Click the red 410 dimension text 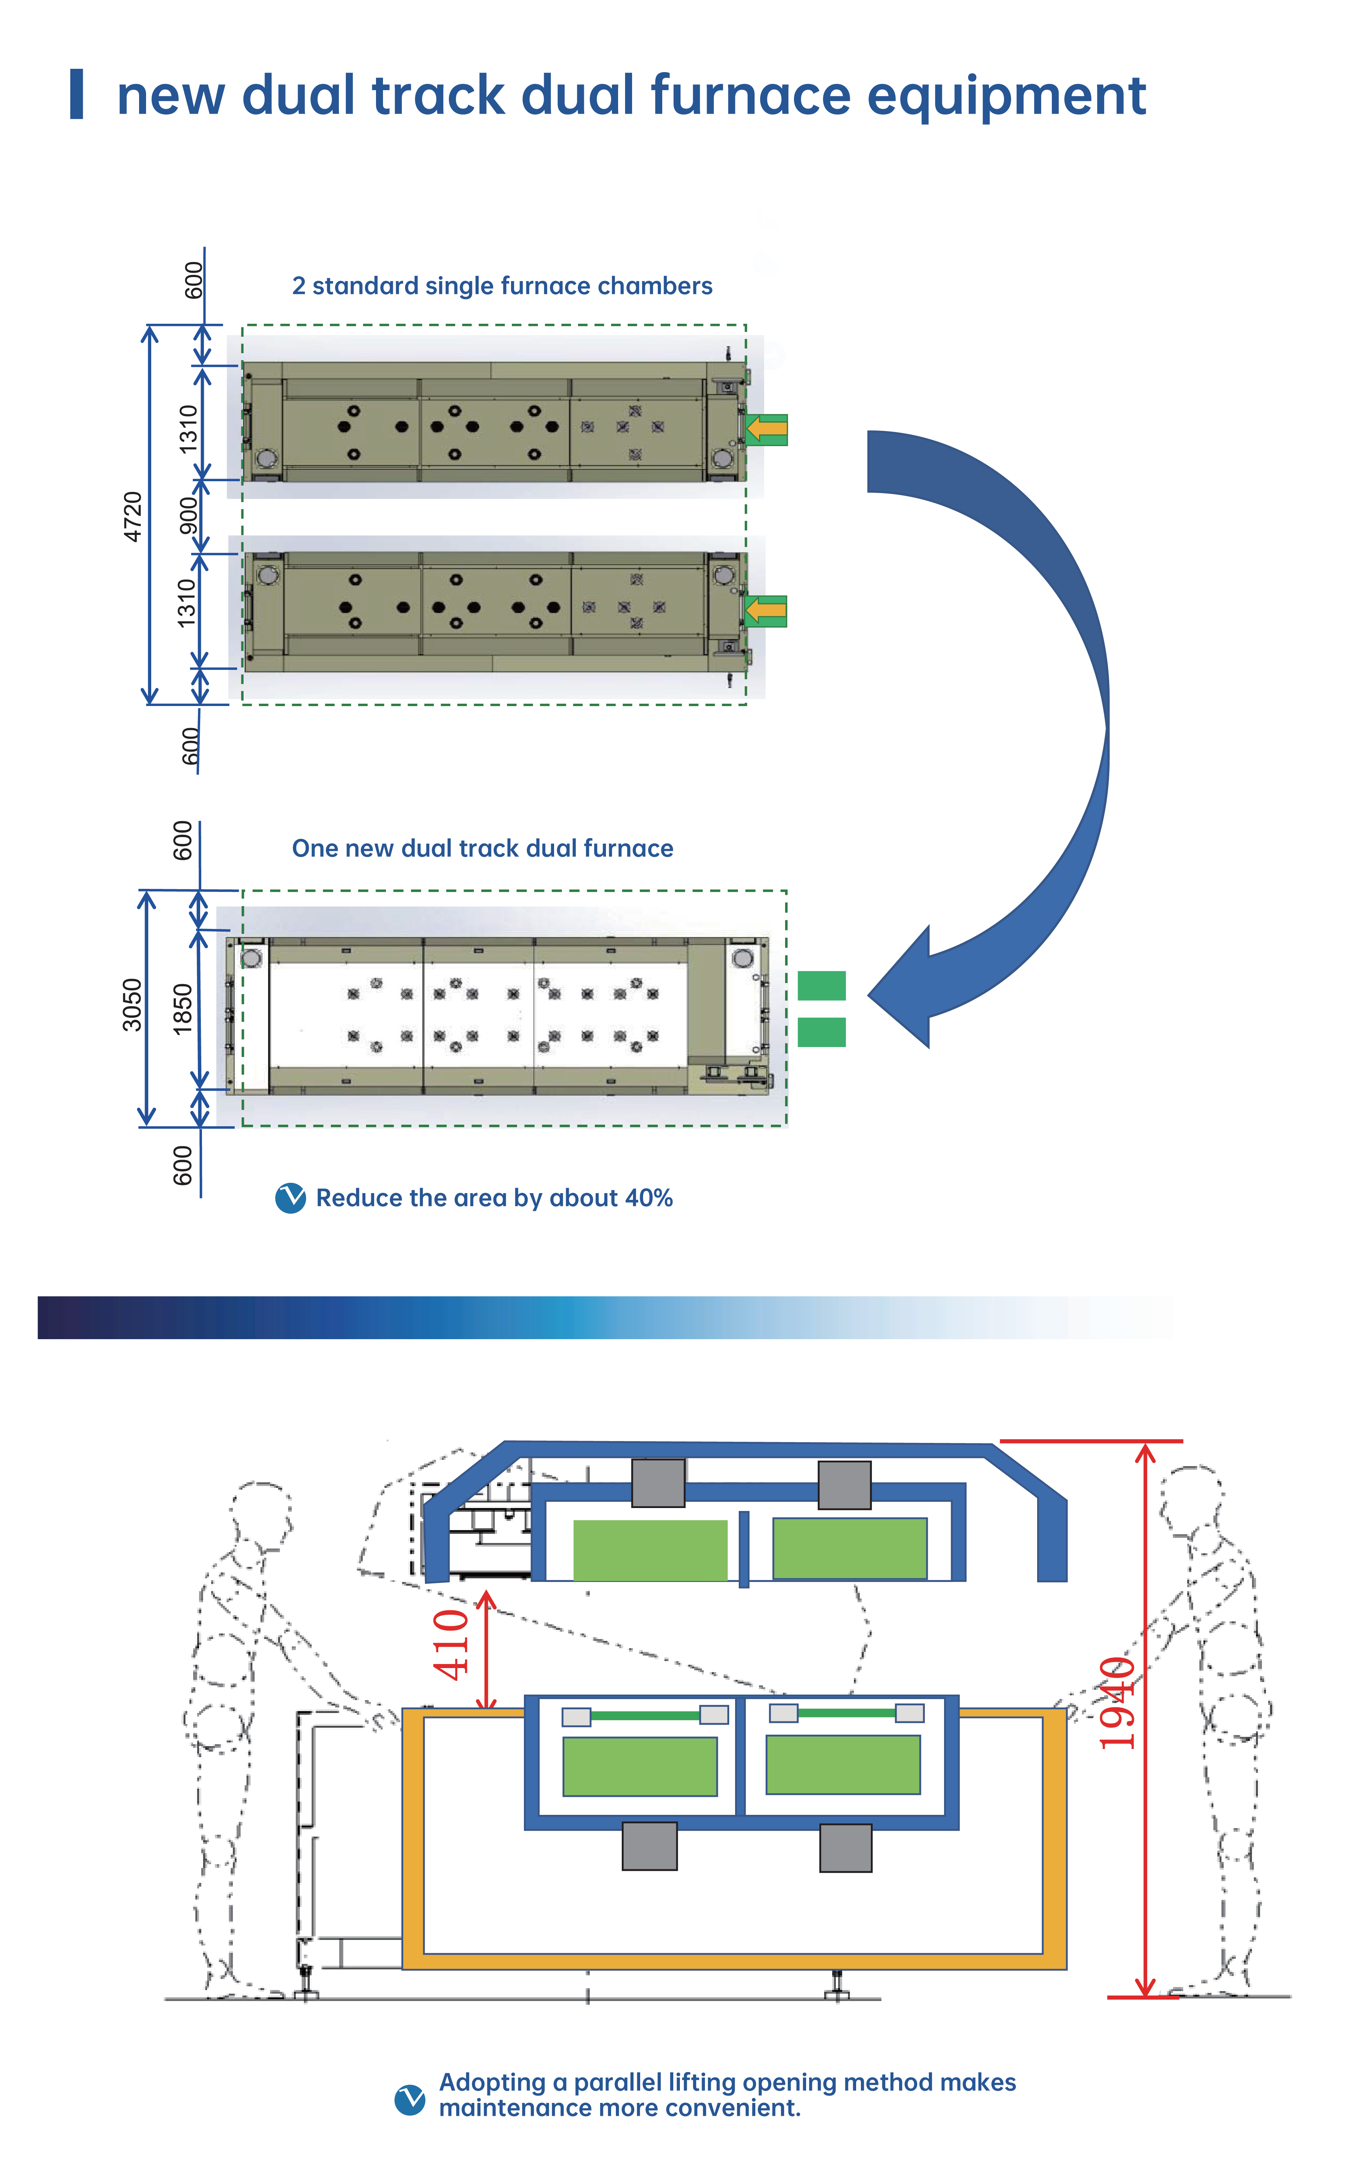click(451, 1644)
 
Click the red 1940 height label click(1118, 1702)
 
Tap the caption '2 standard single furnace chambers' click(502, 286)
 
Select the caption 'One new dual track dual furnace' click(482, 848)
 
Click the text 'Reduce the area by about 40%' click(494, 1198)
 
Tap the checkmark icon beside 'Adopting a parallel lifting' click(409, 2099)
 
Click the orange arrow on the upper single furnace click(766, 429)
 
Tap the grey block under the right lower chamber click(845, 1848)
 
